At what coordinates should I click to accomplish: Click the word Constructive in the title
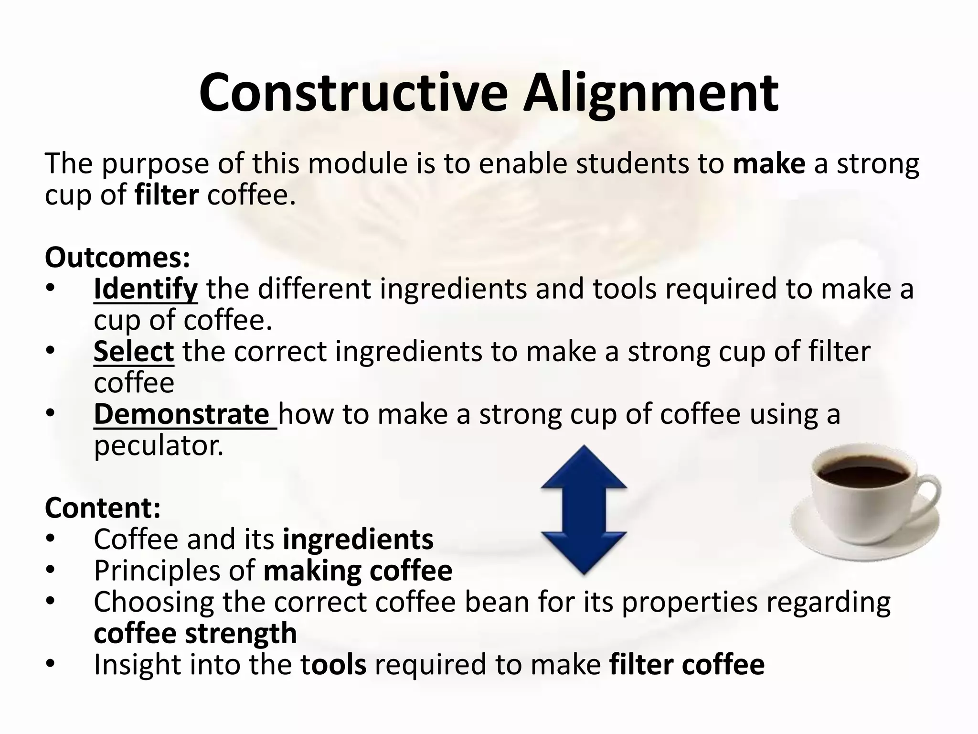click(353, 93)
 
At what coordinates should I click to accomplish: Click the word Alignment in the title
click(650, 93)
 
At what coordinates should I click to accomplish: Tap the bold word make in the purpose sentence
click(769, 163)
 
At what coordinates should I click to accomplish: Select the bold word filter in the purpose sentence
click(167, 195)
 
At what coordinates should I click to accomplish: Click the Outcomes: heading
click(117, 258)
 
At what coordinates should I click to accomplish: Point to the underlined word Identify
click(145, 289)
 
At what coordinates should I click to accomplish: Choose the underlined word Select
click(134, 352)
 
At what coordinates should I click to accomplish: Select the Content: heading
click(103, 508)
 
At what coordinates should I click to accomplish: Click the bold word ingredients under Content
click(358, 539)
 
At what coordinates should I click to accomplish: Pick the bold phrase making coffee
click(358, 571)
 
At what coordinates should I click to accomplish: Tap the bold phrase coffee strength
click(195, 633)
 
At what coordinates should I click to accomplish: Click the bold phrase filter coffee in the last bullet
click(687, 665)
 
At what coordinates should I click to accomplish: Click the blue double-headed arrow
click(584, 509)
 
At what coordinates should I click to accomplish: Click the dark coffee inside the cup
click(863, 471)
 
